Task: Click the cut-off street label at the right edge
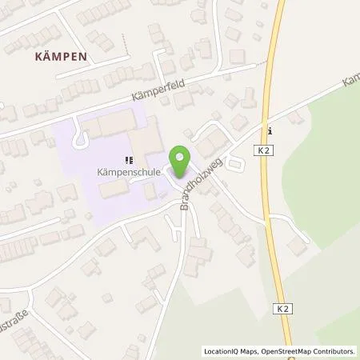point(350,83)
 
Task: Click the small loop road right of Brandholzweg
point(236,164)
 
